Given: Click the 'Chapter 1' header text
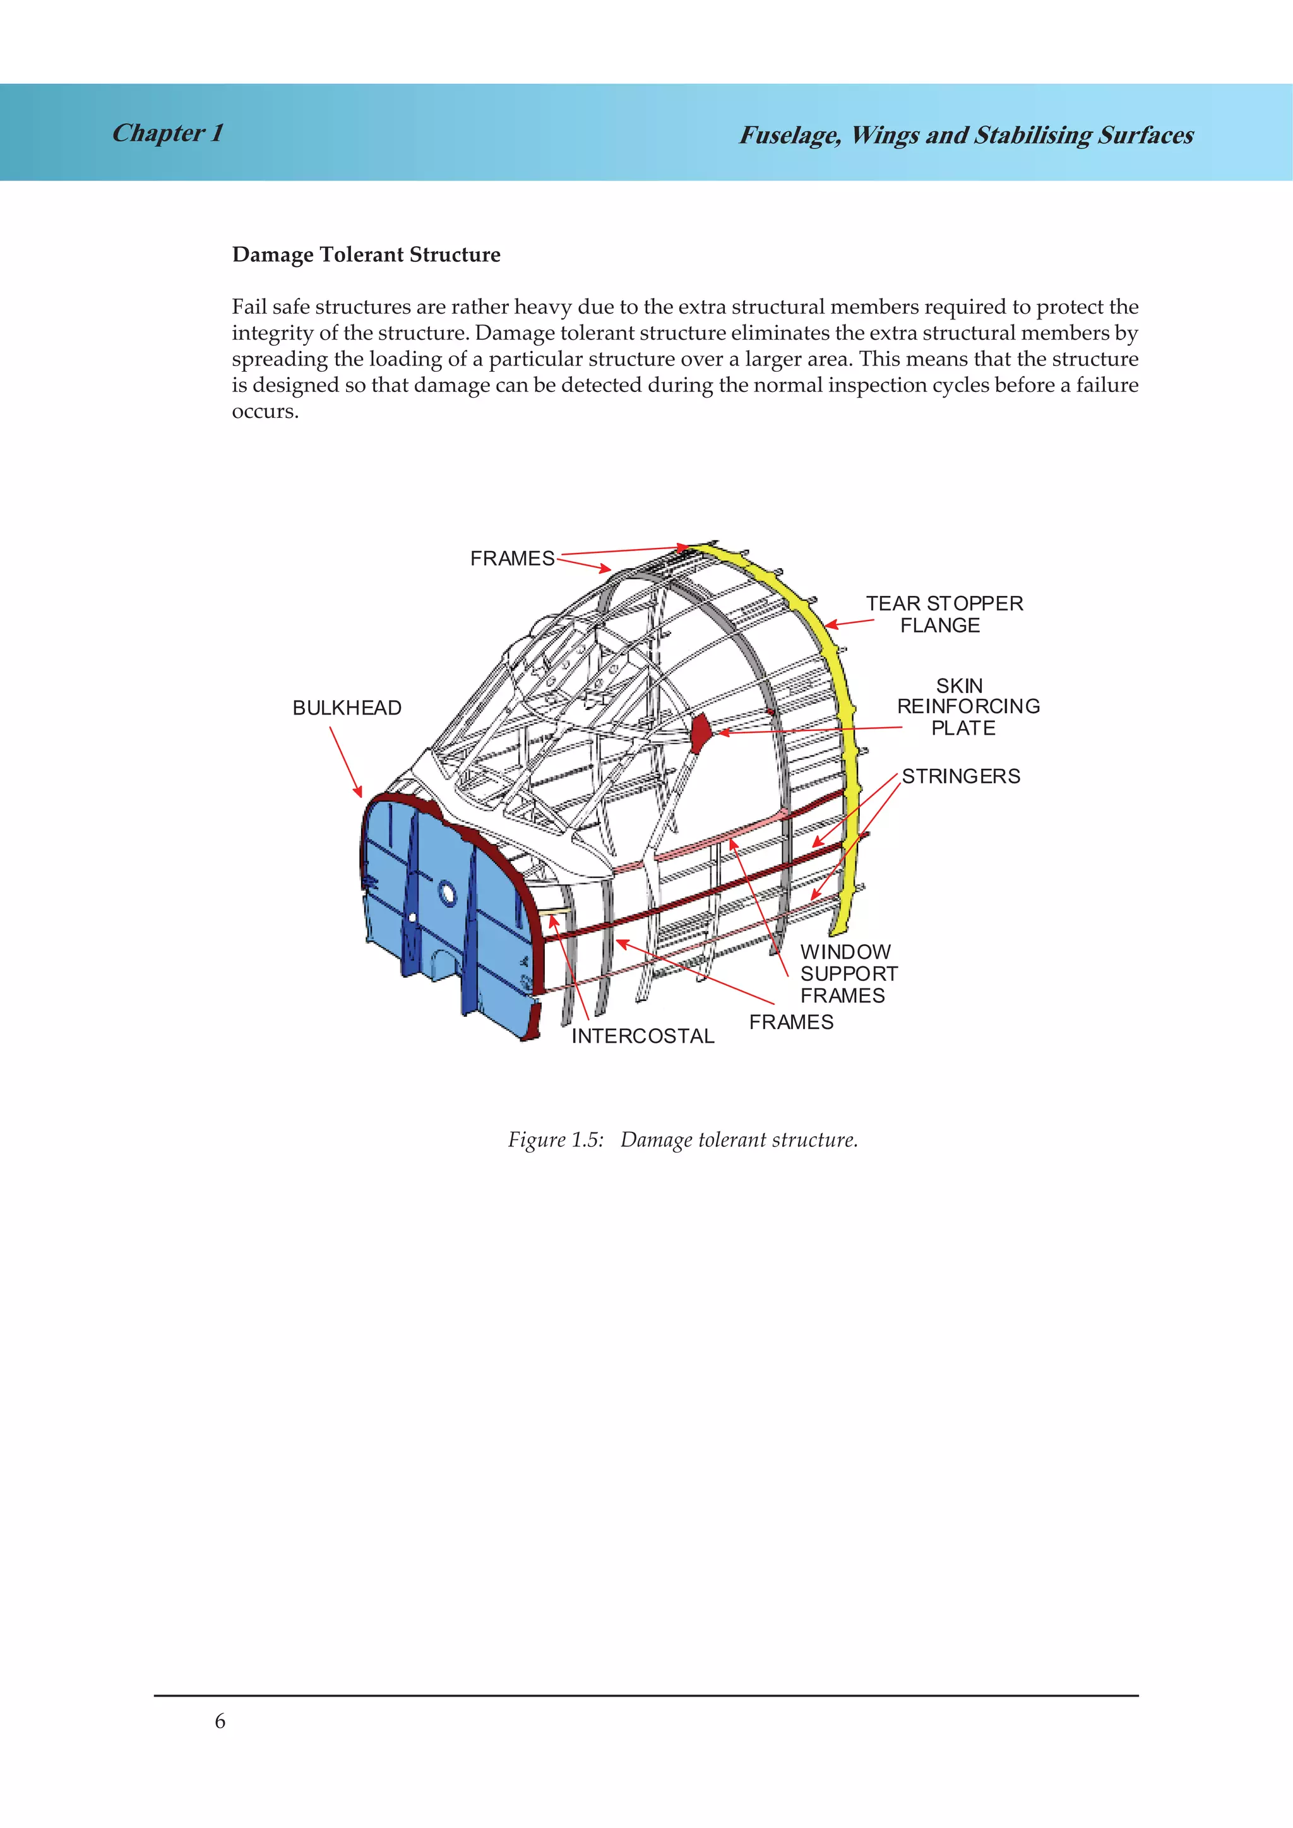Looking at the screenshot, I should (167, 133).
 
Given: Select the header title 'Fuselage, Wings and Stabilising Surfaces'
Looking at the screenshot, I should (966, 135).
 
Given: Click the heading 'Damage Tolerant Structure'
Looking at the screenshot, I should (366, 255).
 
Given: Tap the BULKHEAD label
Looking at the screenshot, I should (347, 708).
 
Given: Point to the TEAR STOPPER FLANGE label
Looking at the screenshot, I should (944, 614).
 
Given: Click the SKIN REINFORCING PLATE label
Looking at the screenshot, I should (967, 706).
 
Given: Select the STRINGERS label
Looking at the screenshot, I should (960, 776).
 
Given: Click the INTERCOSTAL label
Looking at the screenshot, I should (643, 1036).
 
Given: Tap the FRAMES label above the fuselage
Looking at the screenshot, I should (512, 559).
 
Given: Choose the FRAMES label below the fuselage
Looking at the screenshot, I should (790, 1023).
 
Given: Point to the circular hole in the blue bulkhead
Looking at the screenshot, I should (448, 895).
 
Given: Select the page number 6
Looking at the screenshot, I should (220, 1721).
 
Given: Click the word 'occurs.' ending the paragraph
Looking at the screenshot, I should (265, 412).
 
